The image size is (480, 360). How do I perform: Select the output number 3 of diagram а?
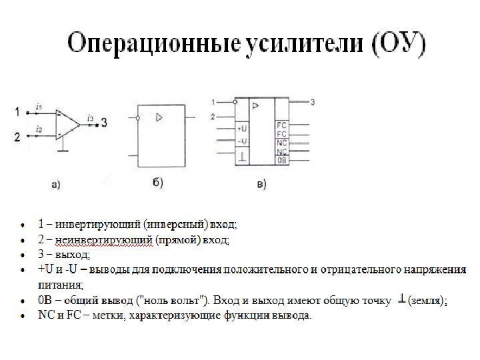pyautogui.click(x=105, y=123)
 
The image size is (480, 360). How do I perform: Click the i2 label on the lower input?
pyautogui.click(x=39, y=129)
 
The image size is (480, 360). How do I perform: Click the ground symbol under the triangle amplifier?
pyautogui.click(x=63, y=151)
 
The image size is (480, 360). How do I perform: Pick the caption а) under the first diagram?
pyautogui.click(x=56, y=185)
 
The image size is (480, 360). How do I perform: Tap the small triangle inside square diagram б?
pyautogui.click(x=159, y=117)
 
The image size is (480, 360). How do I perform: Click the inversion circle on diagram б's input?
pyautogui.click(x=137, y=118)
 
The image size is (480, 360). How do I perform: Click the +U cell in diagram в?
pyautogui.click(x=243, y=129)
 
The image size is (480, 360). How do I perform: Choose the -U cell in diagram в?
pyautogui.click(x=243, y=141)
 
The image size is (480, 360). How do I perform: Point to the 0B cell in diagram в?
pyautogui.click(x=282, y=160)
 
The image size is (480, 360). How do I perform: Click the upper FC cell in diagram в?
pyautogui.click(x=282, y=125)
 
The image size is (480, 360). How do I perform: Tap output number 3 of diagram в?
pyautogui.click(x=313, y=102)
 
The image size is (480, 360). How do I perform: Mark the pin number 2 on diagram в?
pyautogui.click(x=213, y=117)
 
